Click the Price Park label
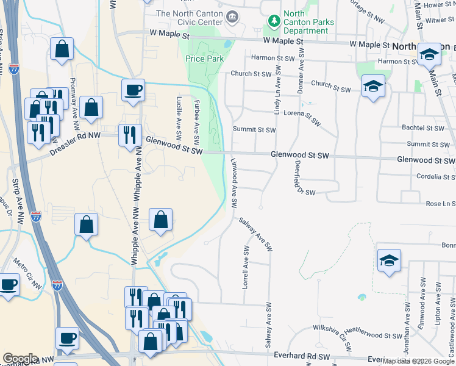tap(204, 59)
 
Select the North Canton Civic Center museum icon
tap(232, 16)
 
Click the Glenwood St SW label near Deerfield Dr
tap(299, 156)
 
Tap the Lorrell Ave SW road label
tap(246, 267)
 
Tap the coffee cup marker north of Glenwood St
tap(133, 91)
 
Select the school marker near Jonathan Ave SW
tap(389, 261)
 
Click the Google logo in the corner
tap(20, 359)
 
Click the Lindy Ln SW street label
tap(277, 91)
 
